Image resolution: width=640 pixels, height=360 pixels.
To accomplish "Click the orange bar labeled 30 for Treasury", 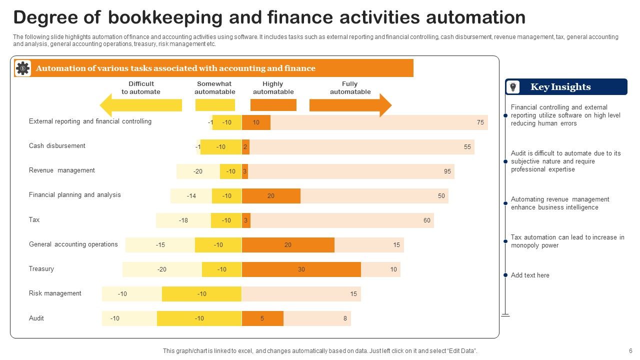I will pyautogui.click(x=301, y=269).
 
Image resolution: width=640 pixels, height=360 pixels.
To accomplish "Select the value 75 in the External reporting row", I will pyautogui.click(x=480, y=122).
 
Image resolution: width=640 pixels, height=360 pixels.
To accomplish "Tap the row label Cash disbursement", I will pyautogui.click(x=57, y=146).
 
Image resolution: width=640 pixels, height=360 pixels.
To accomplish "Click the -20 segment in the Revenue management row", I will pyautogui.click(x=198, y=171).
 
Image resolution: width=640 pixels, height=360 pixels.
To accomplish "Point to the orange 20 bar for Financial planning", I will pyautogui.click(x=271, y=196).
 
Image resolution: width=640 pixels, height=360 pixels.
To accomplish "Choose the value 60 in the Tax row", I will pyautogui.click(x=426, y=220).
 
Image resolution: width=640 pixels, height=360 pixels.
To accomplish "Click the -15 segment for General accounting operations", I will pyautogui.click(x=160, y=245).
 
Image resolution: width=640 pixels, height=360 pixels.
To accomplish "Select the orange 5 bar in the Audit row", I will pyautogui.click(x=262, y=318).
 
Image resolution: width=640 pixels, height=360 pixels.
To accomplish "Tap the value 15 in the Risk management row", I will pyautogui.click(x=353, y=294).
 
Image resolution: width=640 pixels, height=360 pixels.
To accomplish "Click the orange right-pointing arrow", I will pyautogui.click(x=350, y=105).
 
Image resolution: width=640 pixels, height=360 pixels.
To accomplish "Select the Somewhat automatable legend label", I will pyautogui.click(x=215, y=88).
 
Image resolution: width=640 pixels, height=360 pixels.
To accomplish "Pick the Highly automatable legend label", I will pyautogui.click(x=273, y=88).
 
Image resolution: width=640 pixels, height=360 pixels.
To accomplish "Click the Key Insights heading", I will pyautogui.click(x=560, y=87).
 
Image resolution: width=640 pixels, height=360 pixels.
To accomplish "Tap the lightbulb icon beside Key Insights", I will pyautogui.click(x=513, y=87).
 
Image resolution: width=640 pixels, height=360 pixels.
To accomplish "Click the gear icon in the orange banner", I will pyautogui.click(x=22, y=68).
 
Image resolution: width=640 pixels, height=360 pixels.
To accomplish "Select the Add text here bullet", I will pyautogui.click(x=530, y=275).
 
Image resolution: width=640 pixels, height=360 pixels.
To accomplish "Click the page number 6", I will pyautogui.click(x=630, y=351).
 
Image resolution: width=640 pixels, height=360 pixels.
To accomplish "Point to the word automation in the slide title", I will pyautogui.click(x=475, y=18).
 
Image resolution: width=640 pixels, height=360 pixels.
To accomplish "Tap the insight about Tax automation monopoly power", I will pyautogui.click(x=567, y=241).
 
